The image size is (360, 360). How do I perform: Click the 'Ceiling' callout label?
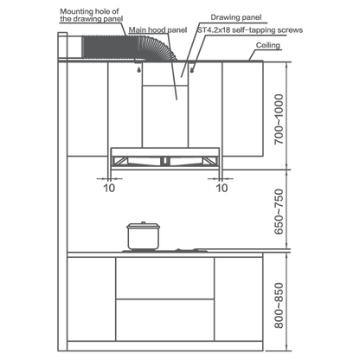click(x=268, y=45)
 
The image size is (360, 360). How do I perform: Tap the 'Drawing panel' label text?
click(x=236, y=17)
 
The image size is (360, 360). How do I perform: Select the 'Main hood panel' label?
click(x=157, y=30)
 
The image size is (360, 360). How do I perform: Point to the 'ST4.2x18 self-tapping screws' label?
click(x=250, y=30)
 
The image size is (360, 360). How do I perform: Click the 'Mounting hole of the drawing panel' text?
click(x=92, y=16)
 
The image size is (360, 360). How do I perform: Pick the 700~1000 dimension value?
click(x=279, y=119)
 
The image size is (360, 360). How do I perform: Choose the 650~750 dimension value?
click(x=279, y=211)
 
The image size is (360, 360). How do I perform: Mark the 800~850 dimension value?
click(x=279, y=305)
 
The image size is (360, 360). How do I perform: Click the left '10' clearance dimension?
click(x=109, y=188)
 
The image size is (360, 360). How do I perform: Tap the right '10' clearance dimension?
click(x=222, y=188)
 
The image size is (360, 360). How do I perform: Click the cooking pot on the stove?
click(x=143, y=235)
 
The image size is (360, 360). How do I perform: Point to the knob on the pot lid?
click(x=143, y=222)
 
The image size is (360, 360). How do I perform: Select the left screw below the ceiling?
click(x=139, y=69)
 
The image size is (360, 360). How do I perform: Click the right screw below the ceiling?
click(x=192, y=69)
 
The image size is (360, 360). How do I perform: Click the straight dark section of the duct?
click(x=111, y=47)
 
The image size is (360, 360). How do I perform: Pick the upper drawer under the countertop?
click(x=164, y=278)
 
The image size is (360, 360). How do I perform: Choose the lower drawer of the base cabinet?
click(x=164, y=320)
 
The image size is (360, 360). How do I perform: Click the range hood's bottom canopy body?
click(x=165, y=158)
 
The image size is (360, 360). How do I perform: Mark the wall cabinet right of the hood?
click(x=242, y=109)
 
